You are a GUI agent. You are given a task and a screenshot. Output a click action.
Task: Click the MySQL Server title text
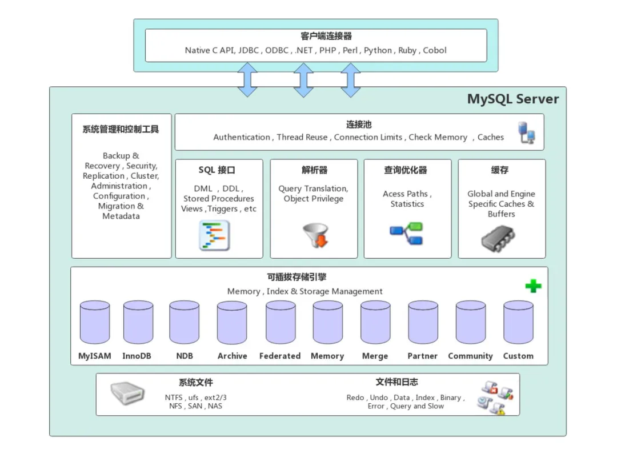coord(512,99)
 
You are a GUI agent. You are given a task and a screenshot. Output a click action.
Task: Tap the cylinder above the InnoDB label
coord(138,323)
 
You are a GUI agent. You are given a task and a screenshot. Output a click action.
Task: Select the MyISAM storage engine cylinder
coord(95,323)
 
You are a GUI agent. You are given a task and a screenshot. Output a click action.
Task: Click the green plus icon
coord(533,286)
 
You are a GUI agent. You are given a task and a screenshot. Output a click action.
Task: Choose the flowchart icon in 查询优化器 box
coord(406,234)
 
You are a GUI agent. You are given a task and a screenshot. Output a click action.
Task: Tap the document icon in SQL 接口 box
coord(214,235)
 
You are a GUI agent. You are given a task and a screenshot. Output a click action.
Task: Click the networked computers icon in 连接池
coord(526,132)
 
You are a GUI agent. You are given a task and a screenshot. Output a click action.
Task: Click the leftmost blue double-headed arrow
coord(247,79)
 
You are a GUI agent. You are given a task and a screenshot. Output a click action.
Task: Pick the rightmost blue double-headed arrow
coord(350,79)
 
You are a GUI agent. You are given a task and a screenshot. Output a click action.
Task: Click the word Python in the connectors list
coord(378,50)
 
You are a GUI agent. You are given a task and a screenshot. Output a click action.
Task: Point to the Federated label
coord(280,356)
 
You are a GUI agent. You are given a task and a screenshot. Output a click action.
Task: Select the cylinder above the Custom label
coord(518,323)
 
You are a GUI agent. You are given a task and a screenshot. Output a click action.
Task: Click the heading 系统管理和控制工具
coord(121,130)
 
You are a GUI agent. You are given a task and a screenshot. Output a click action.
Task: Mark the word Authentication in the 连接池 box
coord(242,137)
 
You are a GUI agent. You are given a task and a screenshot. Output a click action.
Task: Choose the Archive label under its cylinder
coord(232,356)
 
